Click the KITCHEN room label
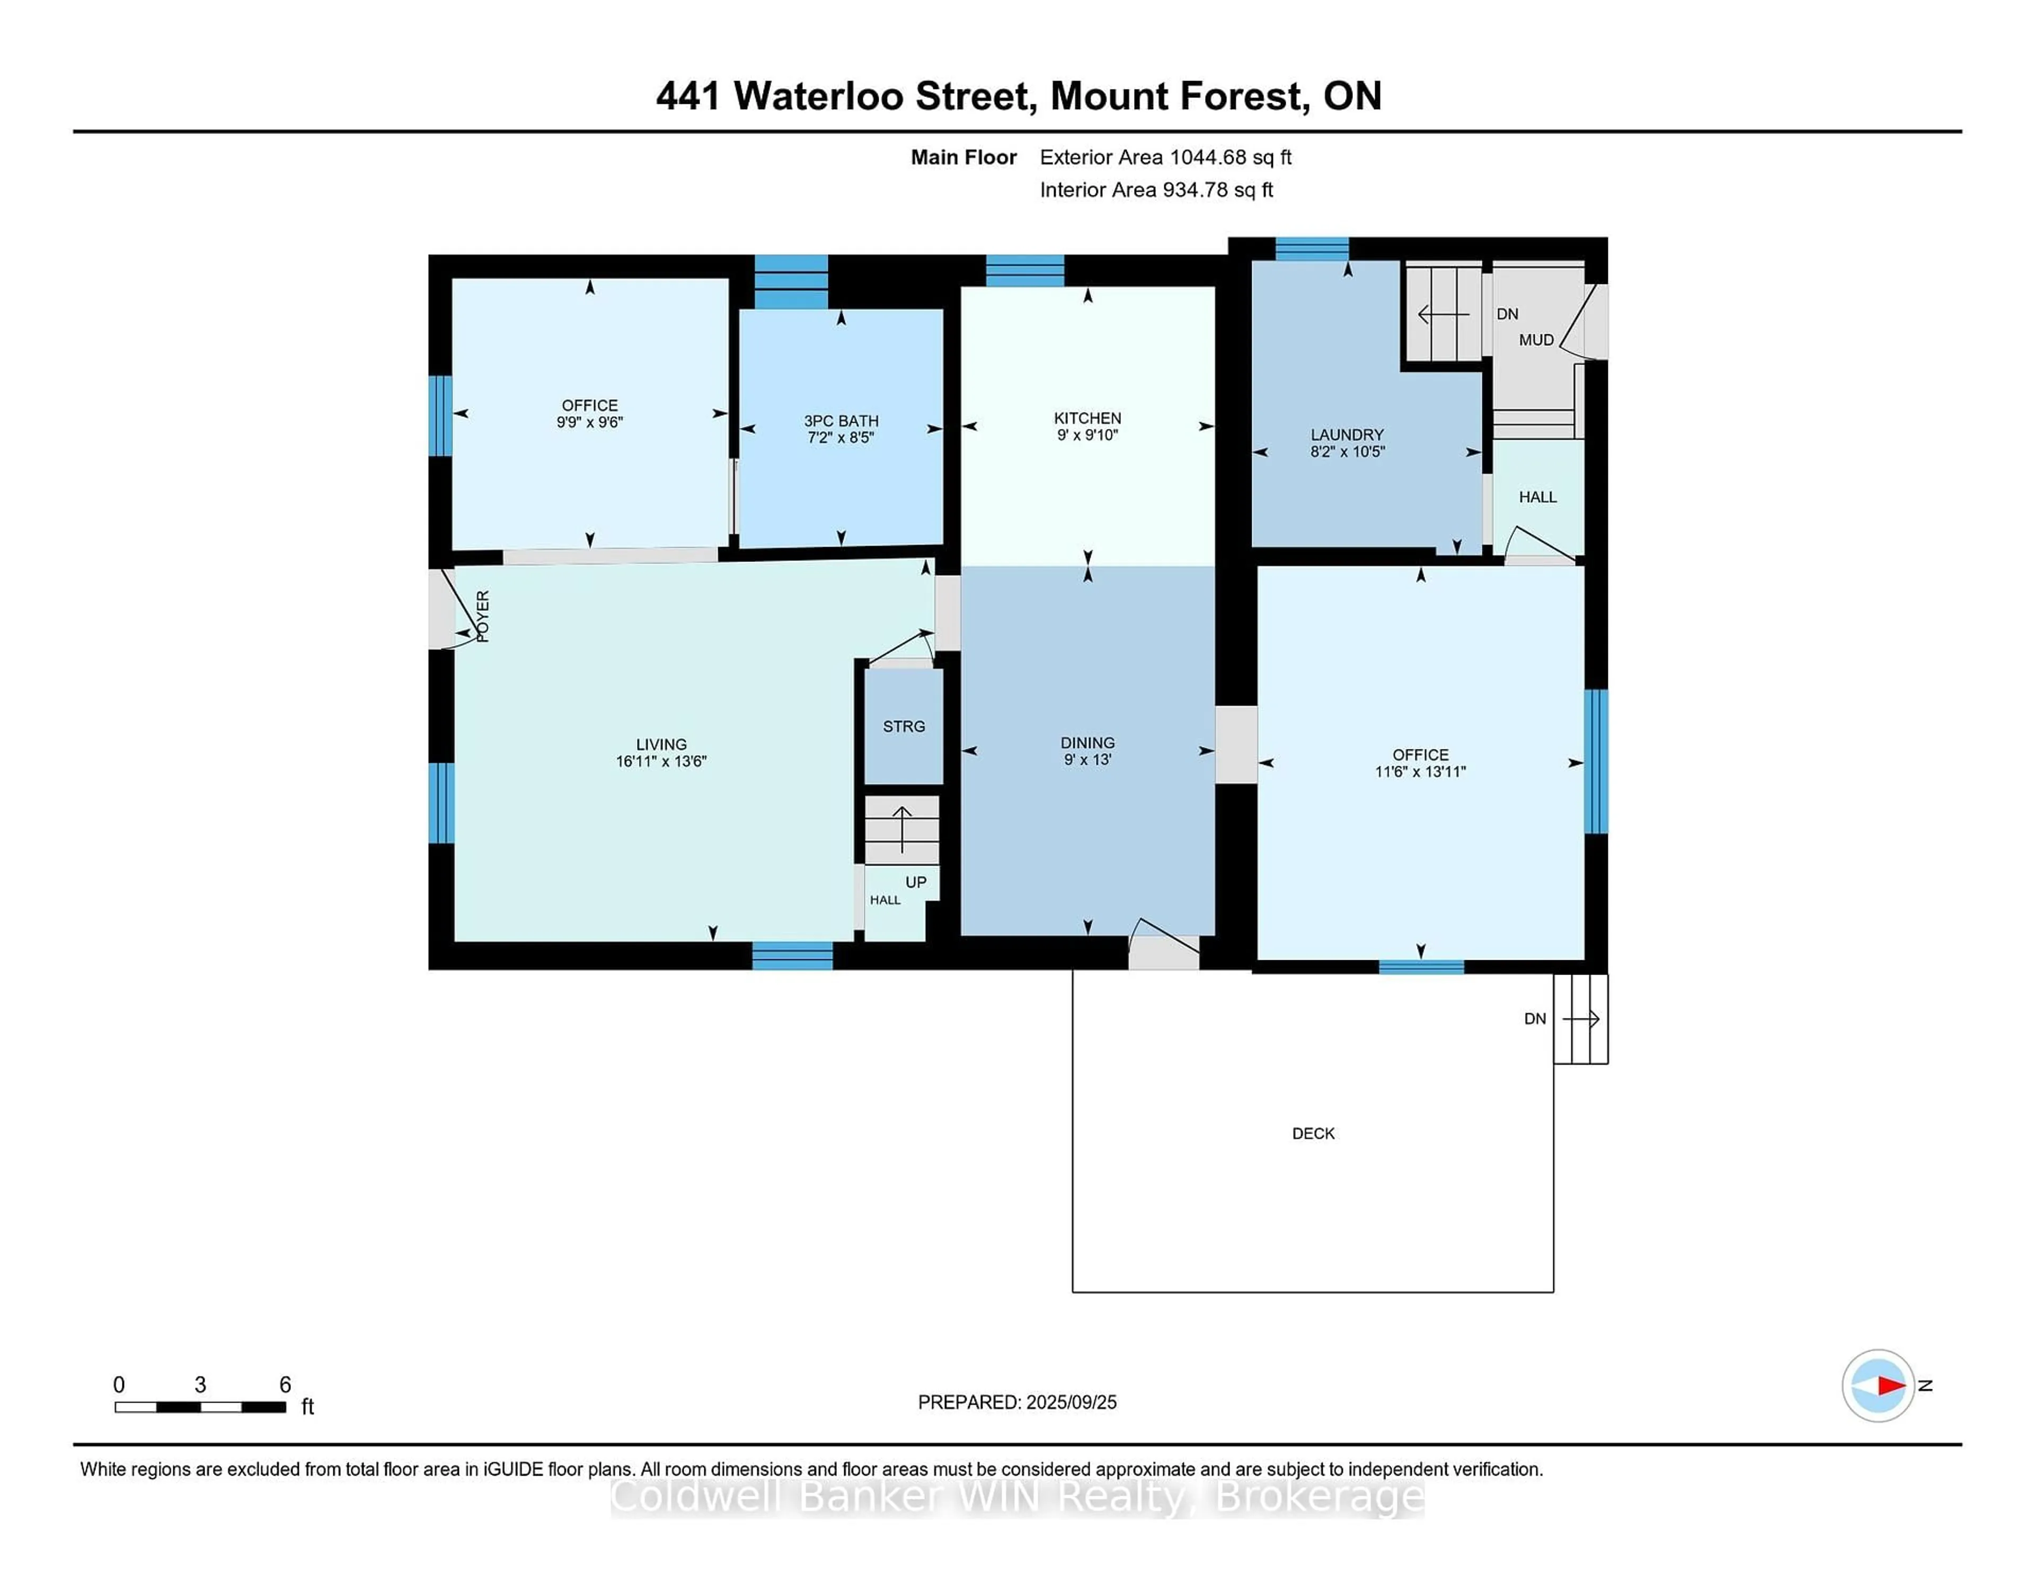coord(1087,418)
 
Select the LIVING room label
coord(661,744)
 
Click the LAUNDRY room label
coord(1347,435)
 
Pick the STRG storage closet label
coord(904,726)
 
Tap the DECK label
coord(1314,1133)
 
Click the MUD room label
coord(1536,340)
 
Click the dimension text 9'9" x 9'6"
coord(590,422)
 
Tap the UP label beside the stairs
coord(916,882)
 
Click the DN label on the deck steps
coord(1535,1019)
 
